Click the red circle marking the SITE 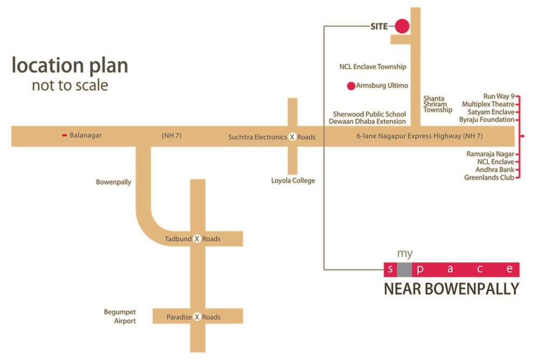pos(402,25)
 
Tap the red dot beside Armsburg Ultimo pos(351,86)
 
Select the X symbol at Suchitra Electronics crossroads pos(292,137)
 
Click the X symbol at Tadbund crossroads pos(197,239)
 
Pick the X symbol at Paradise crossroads pos(197,317)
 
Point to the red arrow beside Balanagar pos(64,135)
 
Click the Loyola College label pos(293,181)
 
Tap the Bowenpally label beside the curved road pos(113,182)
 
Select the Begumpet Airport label pos(120,316)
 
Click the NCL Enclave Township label pos(373,67)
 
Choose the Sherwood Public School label pos(369,114)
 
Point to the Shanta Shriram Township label pos(437,104)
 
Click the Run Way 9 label pos(499,96)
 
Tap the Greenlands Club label pos(489,177)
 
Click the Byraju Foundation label pos(486,120)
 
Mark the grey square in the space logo pos(405,269)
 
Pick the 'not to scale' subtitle pos(70,85)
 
